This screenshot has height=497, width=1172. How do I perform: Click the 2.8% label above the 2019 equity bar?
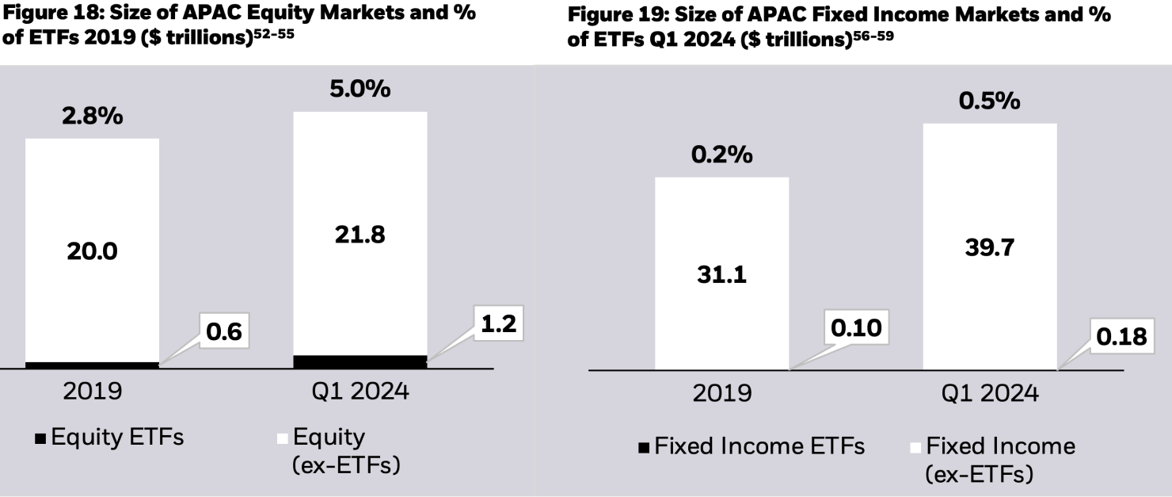pos(93,117)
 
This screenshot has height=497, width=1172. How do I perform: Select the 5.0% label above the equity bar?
pos(360,89)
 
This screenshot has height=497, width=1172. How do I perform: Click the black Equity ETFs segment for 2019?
pos(92,365)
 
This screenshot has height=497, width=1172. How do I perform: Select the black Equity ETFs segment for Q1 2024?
pos(360,361)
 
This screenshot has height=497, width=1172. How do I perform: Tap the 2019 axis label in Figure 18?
pos(92,392)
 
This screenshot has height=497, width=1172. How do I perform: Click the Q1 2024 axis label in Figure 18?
pos(360,392)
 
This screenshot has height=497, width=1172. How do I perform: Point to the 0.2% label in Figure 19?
pos(721,155)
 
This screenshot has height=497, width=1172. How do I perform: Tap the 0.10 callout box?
pos(855,327)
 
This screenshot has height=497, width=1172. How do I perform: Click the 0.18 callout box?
pos(1121,337)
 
